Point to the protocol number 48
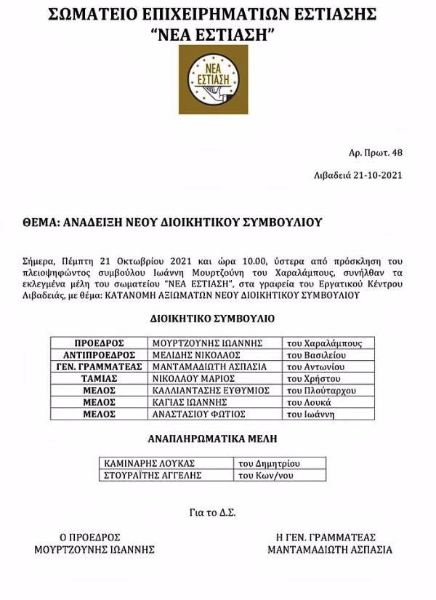(397, 152)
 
